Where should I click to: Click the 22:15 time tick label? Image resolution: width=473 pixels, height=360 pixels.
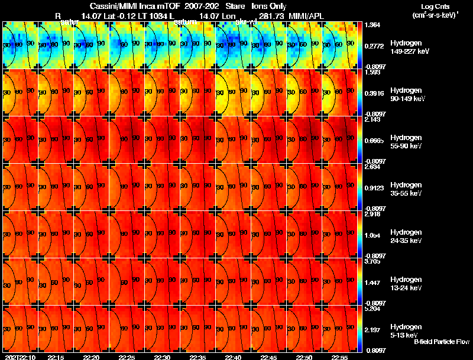point(56,357)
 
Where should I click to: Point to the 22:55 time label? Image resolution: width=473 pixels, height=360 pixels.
point(340,357)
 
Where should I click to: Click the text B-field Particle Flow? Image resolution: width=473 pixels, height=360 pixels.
point(442,342)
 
